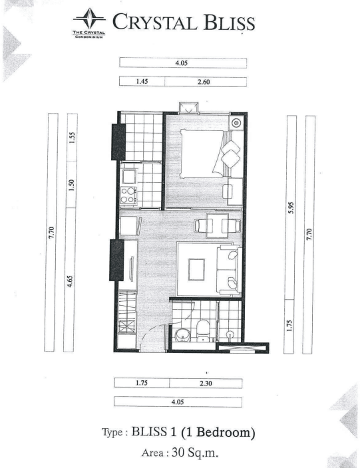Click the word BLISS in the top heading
[x=230, y=22]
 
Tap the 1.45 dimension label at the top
[x=142, y=81]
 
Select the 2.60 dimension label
[x=204, y=82]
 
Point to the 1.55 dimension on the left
[x=71, y=138]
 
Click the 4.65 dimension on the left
[x=70, y=281]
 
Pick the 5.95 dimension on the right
[x=291, y=207]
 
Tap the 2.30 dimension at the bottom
[x=206, y=383]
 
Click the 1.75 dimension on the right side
[x=289, y=326]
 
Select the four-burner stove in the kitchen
[x=128, y=195]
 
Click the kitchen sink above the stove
[x=128, y=176]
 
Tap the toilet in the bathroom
[x=204, y=330]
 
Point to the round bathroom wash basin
[x=182, y=335]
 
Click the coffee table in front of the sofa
[x=196, y=269]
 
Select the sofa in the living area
[x=229, y=270]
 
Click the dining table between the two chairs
[x=218, y=225]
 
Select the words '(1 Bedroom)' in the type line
[x=218, y=433]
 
